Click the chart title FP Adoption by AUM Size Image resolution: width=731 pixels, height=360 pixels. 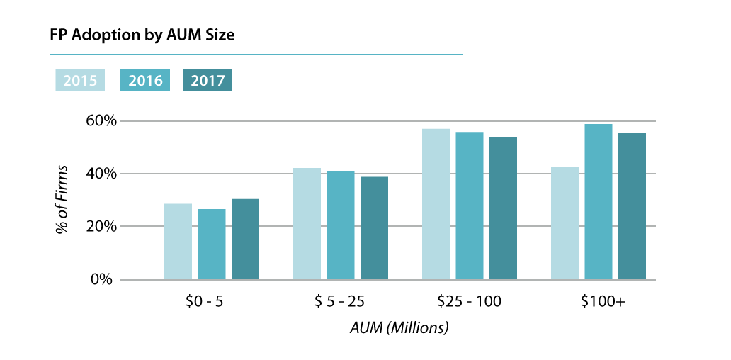coord(142,35)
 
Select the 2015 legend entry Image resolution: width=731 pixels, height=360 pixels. coord(80,81)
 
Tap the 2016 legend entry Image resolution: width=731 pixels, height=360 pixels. coord(145,81)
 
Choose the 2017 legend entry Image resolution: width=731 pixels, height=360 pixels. coord(207,81)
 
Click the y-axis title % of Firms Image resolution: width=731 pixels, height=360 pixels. coord(63,200)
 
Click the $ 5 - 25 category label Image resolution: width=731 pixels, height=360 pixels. coord(340,302)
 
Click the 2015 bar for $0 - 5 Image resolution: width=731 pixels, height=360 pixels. coord(178,242)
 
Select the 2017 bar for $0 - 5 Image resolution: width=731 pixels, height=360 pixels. coord(246,240)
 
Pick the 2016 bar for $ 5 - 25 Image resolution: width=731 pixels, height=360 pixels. coord(341,225)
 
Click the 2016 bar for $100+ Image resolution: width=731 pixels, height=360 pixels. coord(599,202)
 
